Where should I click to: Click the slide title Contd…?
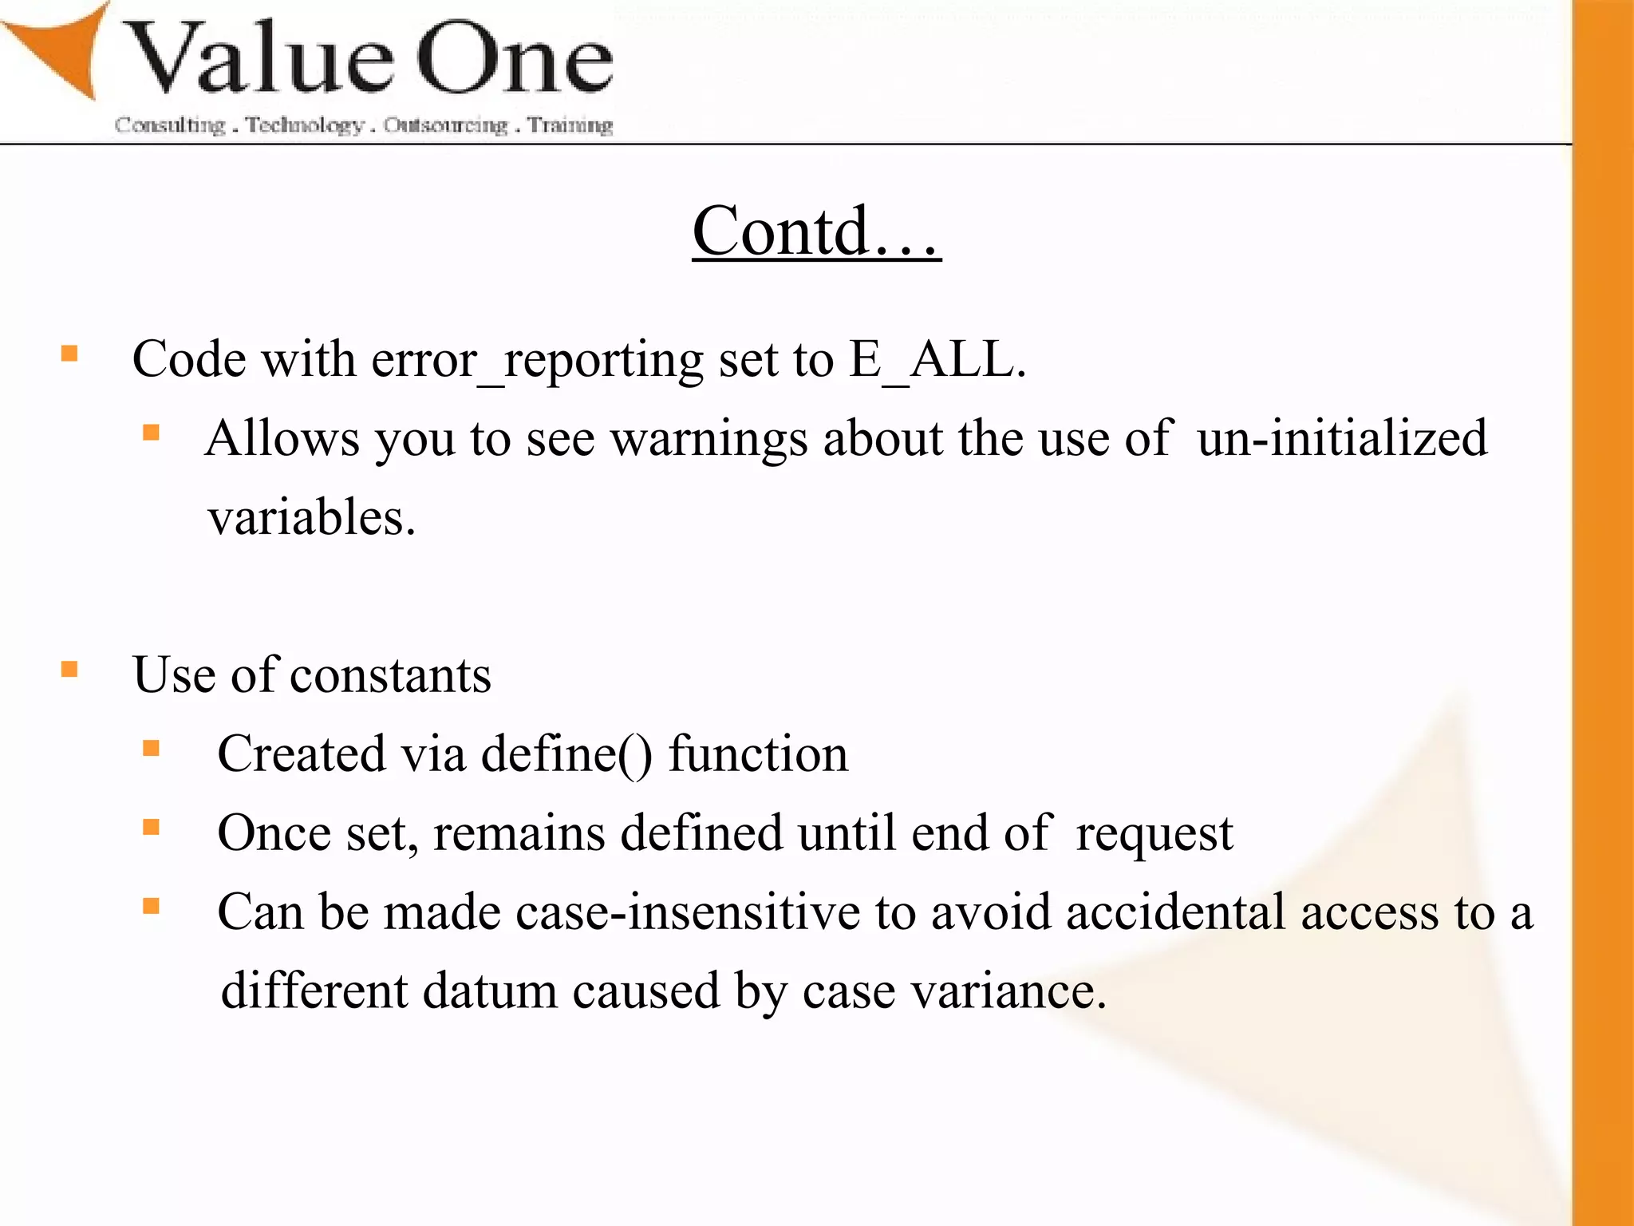pos(816,231)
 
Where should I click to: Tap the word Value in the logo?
pos(259,60)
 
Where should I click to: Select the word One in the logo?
pos(515,60)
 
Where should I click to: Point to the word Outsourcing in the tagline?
pos(445,125)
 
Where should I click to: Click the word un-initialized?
pos(1342,438)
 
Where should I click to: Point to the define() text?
pos(566,754)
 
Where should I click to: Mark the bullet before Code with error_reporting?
pos(70,354)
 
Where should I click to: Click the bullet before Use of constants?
pos(70,669)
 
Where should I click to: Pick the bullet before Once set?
pos(152,827)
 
